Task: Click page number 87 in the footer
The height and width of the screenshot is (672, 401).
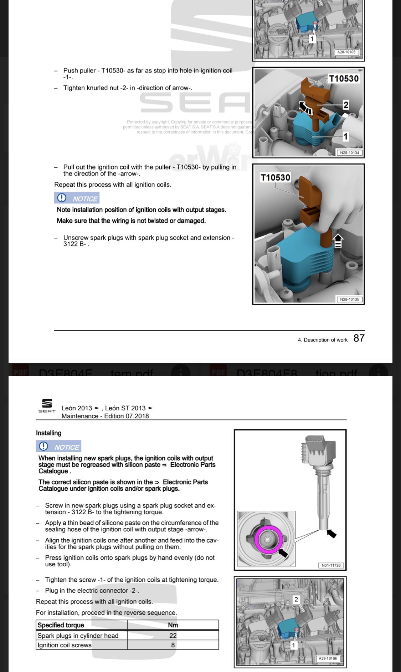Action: click(359, 338)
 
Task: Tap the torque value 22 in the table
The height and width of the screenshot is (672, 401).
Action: click(173, 635)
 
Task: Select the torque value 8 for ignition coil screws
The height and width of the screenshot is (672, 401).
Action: click(173, 645)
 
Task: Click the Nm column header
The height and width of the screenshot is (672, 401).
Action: click(173, 625)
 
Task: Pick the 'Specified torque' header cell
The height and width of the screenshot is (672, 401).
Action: click(61, 625)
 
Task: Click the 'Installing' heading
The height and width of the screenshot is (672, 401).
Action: click(48, 433)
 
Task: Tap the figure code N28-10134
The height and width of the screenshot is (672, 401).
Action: click(349, 153)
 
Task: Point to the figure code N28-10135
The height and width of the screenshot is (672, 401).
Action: click(349, 299)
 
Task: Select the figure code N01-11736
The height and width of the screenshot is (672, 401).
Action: click(331, 565)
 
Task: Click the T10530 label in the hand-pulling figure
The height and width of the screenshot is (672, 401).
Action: click(275, 177)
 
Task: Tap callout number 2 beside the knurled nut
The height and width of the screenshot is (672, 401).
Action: click(345, 105)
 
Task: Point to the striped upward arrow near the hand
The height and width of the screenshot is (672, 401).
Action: click(338, 240)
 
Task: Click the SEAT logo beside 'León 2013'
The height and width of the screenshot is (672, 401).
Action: click(47, 405)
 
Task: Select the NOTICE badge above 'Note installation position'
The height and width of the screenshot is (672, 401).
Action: click(77, 198)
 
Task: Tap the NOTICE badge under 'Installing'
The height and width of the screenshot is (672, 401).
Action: click(58, 446)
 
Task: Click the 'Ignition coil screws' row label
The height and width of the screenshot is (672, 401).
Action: click(65, 645)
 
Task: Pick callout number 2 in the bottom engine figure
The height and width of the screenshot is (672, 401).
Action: click(296, 599)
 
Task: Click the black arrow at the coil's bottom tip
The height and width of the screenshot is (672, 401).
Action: click(331, 534)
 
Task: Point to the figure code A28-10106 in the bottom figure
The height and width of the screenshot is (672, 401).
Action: click(328, 658)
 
